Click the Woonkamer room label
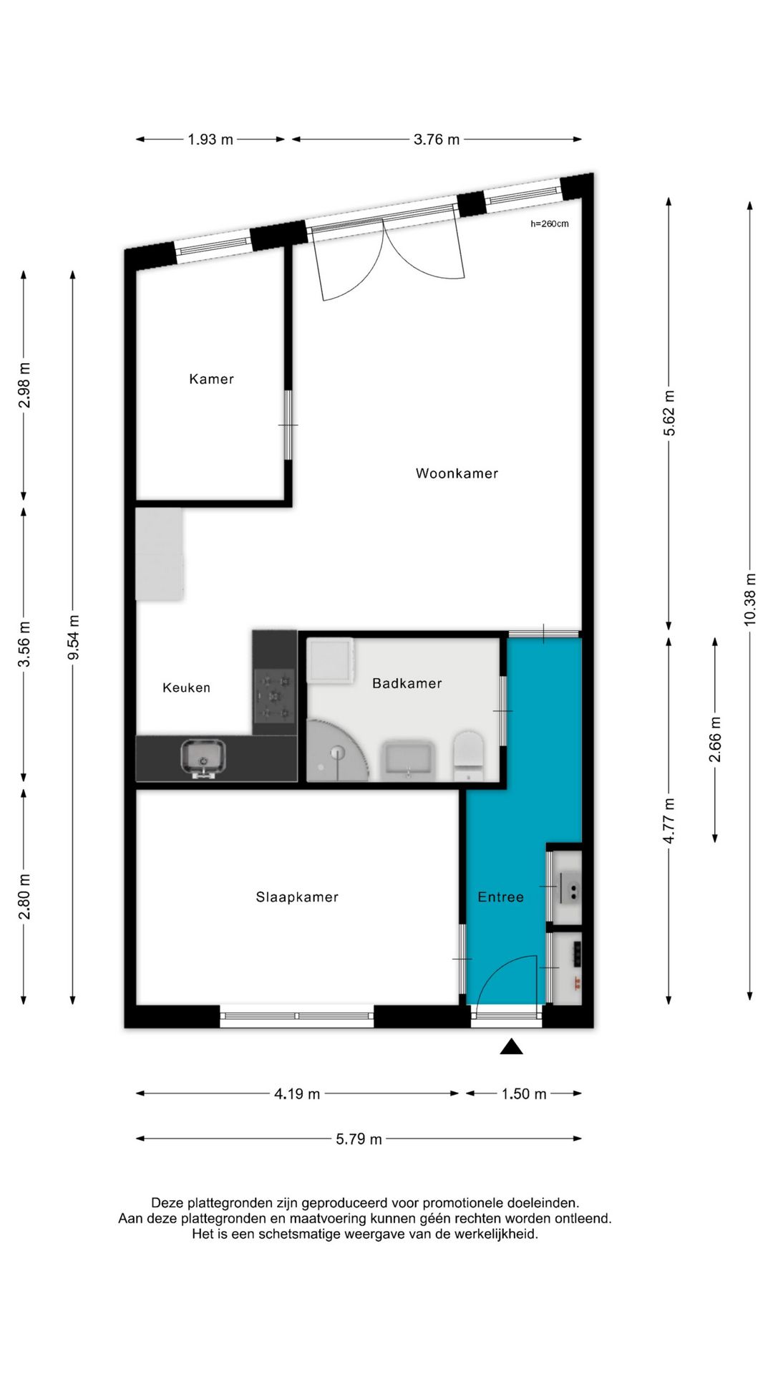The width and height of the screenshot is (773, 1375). pos(457,473)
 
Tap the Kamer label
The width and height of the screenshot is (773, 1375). pos(211,379)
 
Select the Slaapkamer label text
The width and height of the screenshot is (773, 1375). pos(297,897)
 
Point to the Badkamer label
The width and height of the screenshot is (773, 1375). pos(407,683)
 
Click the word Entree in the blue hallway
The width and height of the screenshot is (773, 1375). pos(501,897)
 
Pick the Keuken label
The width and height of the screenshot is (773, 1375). pos(187,687)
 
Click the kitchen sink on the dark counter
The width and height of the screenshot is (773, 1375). pos(203,758)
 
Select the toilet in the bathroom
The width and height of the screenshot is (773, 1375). pos(469,755)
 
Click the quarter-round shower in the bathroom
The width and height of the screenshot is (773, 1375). pos(336,751)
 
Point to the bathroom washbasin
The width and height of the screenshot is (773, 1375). pos(409,760)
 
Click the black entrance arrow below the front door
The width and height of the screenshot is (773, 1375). pos(511,1047)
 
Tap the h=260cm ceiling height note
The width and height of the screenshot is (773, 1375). pos(550,224)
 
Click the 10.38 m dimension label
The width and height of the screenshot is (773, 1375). pos(750,599)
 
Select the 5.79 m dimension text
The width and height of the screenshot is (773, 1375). pos(359,1139)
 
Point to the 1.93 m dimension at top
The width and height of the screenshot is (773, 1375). pos(210,140)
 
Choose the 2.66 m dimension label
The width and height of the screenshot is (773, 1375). pos(715,739)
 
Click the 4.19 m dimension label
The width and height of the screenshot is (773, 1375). pos(297,1094)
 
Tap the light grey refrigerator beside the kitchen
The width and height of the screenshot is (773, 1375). pos(160,554)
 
